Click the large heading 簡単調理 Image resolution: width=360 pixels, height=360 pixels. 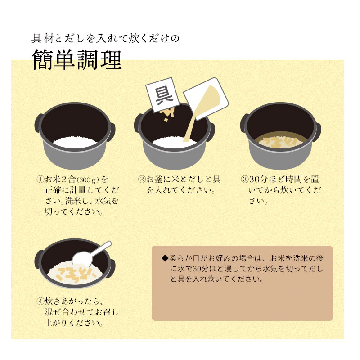77,60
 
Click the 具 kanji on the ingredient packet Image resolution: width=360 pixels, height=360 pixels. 164,95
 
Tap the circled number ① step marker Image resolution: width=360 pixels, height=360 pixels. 40,179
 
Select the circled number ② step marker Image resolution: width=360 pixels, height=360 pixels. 142,179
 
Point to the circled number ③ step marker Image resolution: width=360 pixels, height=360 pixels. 245,179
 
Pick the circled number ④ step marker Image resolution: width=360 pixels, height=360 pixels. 40,301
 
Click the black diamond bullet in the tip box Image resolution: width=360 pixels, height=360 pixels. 165,258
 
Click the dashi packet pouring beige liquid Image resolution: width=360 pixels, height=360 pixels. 206,99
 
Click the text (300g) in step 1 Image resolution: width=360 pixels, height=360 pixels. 88,180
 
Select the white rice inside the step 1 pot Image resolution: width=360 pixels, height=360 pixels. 75,142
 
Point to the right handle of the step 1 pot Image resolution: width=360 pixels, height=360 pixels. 112,131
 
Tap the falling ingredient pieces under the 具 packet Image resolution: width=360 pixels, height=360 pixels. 167,115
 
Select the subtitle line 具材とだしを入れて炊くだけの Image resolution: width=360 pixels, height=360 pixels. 105,38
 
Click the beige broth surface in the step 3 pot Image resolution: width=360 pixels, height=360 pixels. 280,140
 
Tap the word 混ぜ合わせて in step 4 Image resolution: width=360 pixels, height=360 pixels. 69,312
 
